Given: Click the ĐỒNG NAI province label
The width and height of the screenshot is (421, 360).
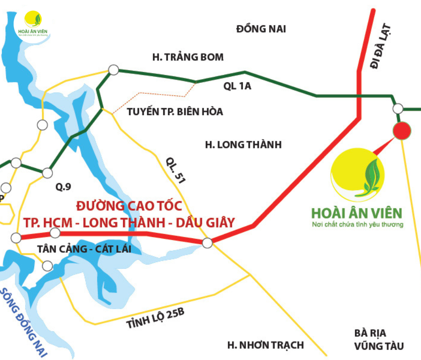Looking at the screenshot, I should pyautogui.click(x=261, y=29).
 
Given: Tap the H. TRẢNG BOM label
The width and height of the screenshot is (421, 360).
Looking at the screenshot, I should pyautogui.click(x=188, y=57).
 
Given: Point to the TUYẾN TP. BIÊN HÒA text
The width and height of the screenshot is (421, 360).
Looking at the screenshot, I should pyautogui.click(x=175, y=112).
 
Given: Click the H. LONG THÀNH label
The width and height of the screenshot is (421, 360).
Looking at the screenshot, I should pyautogui.click(x=243, y=145).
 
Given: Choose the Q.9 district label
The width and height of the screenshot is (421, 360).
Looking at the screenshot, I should pyautogui.click(x=64, y=187).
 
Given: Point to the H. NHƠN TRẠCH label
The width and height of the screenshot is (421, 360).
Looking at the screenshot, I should pyautogui.click(x=265, y=345).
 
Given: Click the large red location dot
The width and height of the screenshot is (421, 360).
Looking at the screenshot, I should pyautogui.click(x=401, y=131).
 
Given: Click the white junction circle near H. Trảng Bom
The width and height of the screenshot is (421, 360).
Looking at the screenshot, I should pyautogui.click(x=113, y=70).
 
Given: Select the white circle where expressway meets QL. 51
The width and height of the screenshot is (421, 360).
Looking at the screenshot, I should pyautogui.click(x=207, y=243).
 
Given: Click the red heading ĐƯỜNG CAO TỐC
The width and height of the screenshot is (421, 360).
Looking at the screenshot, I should pyautogui.click(x=129, y=206).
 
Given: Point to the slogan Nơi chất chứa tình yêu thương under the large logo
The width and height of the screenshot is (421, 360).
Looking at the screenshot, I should pyautogui.click(x=357, y=225).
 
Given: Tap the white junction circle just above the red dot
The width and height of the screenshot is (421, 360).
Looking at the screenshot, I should pyautogui.click(x=398, y=109).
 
